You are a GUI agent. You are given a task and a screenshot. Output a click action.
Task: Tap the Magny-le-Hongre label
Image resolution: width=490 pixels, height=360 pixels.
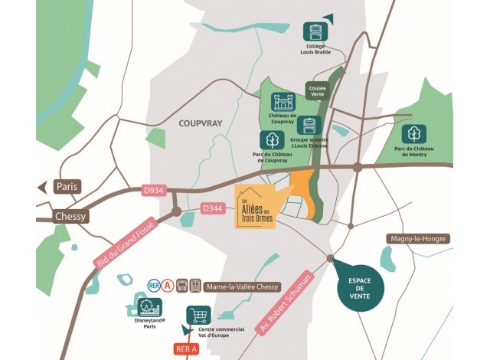pyautogui.click(x=417, y=239)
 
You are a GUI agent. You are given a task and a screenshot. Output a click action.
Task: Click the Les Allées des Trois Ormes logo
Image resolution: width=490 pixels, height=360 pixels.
pyautogui.click(x=261, y=206)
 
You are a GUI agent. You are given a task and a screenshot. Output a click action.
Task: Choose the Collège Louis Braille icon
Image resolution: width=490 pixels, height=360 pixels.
pyautogui.click(x=315, y=31)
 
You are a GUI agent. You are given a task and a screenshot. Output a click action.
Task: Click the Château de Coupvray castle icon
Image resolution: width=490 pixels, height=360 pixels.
pyautogui.click(x=283, y=101)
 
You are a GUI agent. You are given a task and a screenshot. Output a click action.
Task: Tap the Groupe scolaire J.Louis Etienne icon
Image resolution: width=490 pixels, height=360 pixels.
pyautogui.click(x=308, y=126)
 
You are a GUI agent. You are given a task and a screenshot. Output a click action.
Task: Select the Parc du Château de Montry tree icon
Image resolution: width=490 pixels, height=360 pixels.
pyautogui.click(x=415, y=133)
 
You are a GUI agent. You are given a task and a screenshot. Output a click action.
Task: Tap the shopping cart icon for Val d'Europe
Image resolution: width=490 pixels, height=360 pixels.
pyautogui.click(x=199, y=315)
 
